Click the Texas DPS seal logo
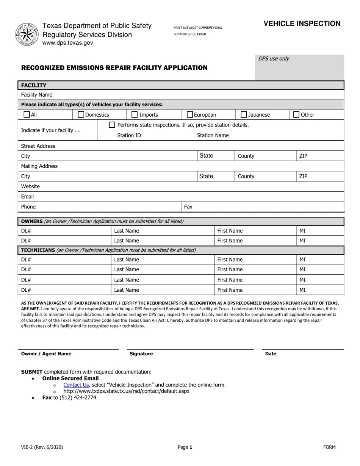pyautogui.click(x=27, y=34)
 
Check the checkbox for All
pyautogui.click(x=27, y=114)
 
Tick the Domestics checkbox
pyautogui.click(x=81, y=114)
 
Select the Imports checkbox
pyautogui.click(x=135, y=114)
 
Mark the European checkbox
pyautogui.click(x=190, y=114)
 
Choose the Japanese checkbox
pyautogui.click(x=244, y=114)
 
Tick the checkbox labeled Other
pyautogui.click(x=297, y=114)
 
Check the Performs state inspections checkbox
pyautogui.click(x=112, y=125)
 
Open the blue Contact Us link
pyautogui.click(x=76, y=385)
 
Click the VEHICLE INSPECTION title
pyautogui.click(x=302, y=23)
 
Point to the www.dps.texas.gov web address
pyautogui.click(x=67, y=43)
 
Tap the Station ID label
pyautogui.click(x=129, y=135)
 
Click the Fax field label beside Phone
pyautogui.click(x=188, y=207)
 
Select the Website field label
pyautogui.click(x=30, y=186)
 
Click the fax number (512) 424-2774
pyautogui.click(x=78, y=397)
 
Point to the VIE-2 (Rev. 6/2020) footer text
pyautogui.click(x=42, y=447)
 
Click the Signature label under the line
pyautogui.click(x=141, y=354)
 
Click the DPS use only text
pyautogui.click(x=274, y=58)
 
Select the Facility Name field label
pyautogui.click(x=37, y=95)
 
